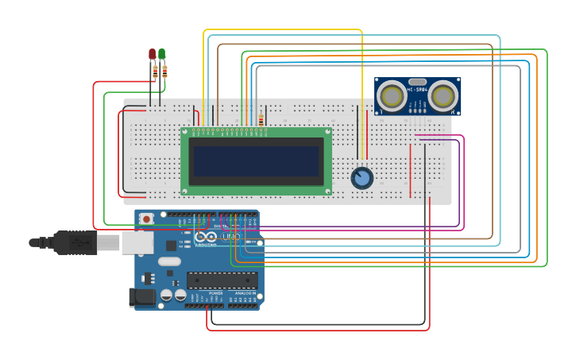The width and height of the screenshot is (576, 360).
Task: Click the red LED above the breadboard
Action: tap(152, 54)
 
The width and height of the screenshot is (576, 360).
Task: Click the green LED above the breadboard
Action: tap(161, 54)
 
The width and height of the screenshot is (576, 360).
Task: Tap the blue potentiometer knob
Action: tap(362, 177)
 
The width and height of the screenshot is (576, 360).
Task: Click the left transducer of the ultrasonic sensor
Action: tap(391, 96)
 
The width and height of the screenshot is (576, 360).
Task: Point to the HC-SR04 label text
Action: tap(418, 90)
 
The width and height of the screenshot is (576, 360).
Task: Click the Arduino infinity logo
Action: tap(205, 237)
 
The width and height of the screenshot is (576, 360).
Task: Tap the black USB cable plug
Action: tap(75, 242)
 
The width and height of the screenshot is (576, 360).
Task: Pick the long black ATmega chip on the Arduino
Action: tap(222, 280)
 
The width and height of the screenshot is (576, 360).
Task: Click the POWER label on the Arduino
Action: tap(215, 293)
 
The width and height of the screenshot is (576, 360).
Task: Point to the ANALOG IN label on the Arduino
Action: tap(245, 293)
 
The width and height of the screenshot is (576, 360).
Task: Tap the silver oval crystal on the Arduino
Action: tap(170, 261)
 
